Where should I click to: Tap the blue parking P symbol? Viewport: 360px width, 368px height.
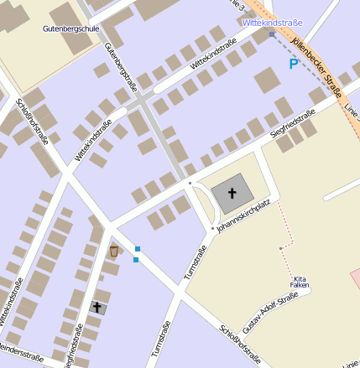coord(293,64)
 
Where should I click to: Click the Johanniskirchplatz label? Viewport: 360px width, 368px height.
coord(243,215)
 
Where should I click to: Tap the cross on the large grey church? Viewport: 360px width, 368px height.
coord(232,195)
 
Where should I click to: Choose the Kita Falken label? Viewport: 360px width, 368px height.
coord(301,282)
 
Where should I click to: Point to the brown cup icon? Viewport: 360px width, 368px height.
coord(113,251)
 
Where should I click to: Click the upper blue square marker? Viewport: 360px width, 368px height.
coord(138,248)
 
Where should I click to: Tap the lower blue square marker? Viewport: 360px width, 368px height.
coord(136,260)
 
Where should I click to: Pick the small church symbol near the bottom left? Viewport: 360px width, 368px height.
coord(97,308)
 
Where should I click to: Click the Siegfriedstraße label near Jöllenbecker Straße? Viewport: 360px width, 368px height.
coord(292,123)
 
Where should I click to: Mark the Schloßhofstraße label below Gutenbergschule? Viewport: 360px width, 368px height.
coord(32,121)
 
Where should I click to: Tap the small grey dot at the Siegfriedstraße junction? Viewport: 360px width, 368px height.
coord(190,182)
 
